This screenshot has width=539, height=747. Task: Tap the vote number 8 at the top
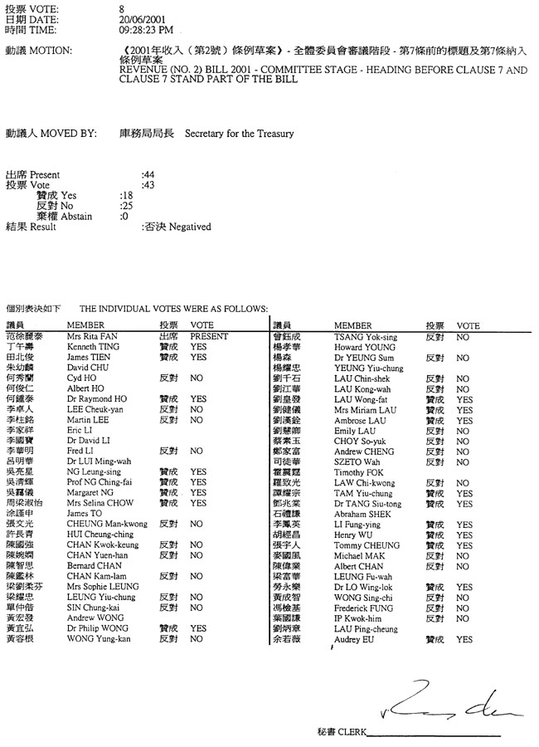click(122, 7)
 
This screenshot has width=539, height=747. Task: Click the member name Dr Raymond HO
click(96, 399)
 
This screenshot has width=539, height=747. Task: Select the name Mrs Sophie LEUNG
click(103, 587)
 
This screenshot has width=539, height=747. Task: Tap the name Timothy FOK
click(357, 472)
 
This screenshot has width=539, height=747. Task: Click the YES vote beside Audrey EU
click(464, 640)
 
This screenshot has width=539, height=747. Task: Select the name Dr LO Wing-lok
click(362, 587)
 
